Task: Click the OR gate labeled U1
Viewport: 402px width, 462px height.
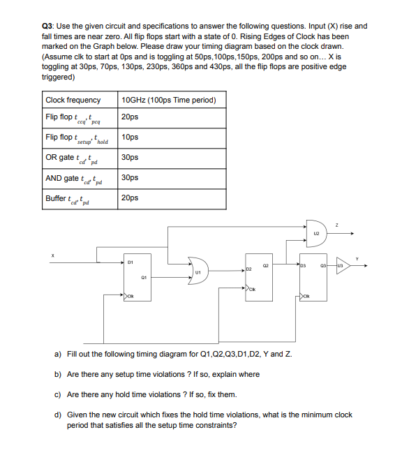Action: click(198, 270)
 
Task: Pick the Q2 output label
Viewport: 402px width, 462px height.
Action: click(265, 264)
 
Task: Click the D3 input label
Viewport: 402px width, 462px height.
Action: click(304, 265)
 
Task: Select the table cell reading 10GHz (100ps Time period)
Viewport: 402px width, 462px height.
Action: click(168, 100)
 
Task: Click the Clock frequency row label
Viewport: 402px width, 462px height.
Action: click(73, 100)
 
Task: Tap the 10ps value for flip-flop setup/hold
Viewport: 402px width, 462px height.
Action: click(130, 137)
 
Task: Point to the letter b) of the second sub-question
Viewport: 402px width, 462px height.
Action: click(58, 374)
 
